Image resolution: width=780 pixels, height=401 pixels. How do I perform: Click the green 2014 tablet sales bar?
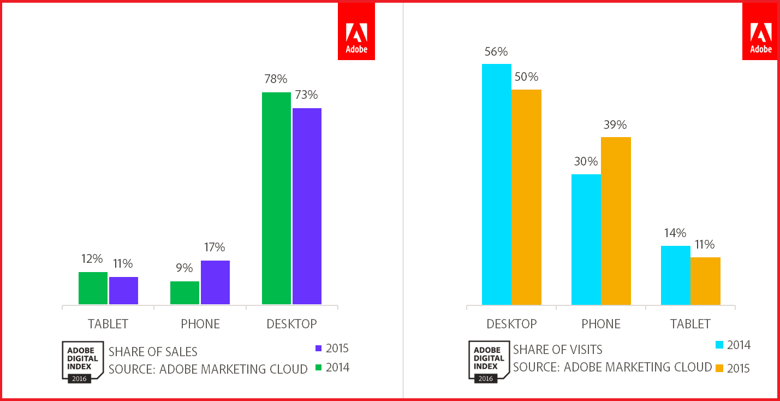(93, 288)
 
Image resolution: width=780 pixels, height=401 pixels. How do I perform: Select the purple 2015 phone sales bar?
(215, 282)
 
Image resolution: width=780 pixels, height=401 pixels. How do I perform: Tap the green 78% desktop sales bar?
(276, 198)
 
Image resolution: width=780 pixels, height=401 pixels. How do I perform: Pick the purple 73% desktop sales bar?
(307, 206)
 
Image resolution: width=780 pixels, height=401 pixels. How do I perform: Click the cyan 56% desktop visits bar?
(497, 184)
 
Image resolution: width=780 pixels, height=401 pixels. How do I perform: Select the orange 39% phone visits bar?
(616, 221)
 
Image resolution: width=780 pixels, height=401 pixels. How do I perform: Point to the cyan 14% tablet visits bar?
(676, 275)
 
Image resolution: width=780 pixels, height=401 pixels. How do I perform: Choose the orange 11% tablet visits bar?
(705, 281)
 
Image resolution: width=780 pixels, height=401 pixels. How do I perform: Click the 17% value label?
(215, 247)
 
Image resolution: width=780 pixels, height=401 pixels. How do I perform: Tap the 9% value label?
(184, 268)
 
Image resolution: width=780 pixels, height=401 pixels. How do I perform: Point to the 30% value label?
(586, 162)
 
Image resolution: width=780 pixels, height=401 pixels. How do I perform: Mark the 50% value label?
(526, 77)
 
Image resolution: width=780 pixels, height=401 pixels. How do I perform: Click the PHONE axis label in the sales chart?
(200, 324)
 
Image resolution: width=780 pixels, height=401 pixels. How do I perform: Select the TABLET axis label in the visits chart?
(690, 324)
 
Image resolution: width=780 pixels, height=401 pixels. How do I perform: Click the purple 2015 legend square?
(319, 349)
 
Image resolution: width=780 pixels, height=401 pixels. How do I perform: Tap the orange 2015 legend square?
(719, 368)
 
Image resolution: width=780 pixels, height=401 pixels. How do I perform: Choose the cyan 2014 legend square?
(719, 345)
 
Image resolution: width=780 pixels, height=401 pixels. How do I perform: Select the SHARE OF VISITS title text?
(558, 349)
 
